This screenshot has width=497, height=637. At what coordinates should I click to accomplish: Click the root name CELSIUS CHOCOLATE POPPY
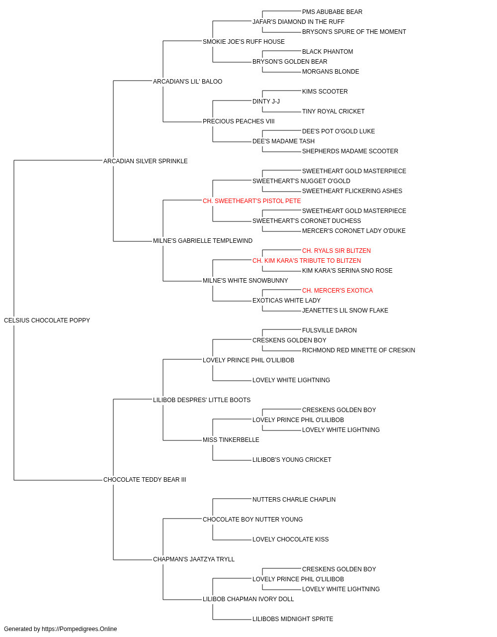coord(47,320)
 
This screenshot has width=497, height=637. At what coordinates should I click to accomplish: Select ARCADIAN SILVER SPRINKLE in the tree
coord(146,161)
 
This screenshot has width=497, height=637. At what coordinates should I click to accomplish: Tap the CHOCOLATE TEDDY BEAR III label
coord(145,480)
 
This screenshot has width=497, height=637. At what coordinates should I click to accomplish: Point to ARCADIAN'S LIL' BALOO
coord(188,82)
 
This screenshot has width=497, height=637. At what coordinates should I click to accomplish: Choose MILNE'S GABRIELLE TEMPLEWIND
coord(203,241)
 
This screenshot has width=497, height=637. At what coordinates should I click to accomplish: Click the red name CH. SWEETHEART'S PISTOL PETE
coord(251,201)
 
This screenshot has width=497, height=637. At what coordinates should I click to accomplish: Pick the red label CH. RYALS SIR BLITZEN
coord(336,251)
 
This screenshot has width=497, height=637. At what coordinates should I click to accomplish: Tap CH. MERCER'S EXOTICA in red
coord(337,291)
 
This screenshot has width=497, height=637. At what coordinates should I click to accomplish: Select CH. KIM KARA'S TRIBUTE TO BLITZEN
coord(307,261)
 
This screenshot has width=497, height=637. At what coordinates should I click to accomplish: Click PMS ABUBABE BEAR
coord(332,12)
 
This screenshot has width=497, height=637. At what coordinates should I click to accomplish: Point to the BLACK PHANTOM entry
coord(328,52)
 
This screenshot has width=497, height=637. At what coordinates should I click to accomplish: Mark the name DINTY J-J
coord(266,102)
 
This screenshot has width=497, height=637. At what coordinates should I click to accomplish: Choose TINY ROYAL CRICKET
coord(333,111)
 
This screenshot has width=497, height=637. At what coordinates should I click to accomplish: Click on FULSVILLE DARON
coord(330,330)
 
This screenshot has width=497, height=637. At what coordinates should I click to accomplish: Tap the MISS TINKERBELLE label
coord(231,440)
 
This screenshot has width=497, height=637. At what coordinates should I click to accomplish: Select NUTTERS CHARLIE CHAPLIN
coord(294,500)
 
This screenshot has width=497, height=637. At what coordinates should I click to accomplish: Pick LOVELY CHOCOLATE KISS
coord(291,539)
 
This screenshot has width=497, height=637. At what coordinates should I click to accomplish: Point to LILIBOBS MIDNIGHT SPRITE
coord(293,619)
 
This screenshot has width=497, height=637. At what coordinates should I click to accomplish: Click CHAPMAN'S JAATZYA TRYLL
coord(194,559)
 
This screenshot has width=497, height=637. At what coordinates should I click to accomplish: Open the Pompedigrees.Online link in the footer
coord(80,629)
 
